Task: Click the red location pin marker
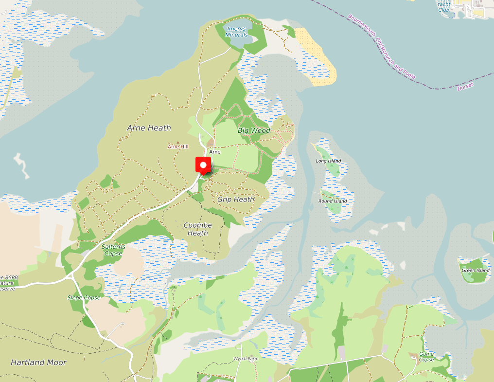tap(203, 165)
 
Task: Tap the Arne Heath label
tap(149, 128)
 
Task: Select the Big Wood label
tap(254, 130)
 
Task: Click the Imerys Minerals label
tap(237, 32)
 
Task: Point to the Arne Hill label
tap(178, 146)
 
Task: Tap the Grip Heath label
tap(236, 199)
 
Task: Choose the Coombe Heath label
tap(198, 229)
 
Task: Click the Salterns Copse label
tap(113, 250)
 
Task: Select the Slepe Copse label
tap(84, 297)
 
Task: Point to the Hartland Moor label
tap(38, 362)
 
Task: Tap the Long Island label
tap(329, 161)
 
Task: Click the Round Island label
tap(333, 201)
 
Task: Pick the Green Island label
tap(476, 270)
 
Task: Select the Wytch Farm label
tap(246, 359)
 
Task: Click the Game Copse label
tap(426, 357)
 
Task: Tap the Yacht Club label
tap(443, 7)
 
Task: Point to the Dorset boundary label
tap(465, 87)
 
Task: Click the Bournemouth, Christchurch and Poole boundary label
tap(381, 46)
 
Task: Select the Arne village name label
tap(214, 152)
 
